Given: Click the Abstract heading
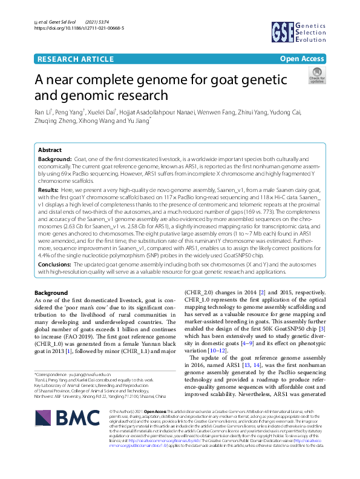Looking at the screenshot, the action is (50, 150).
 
